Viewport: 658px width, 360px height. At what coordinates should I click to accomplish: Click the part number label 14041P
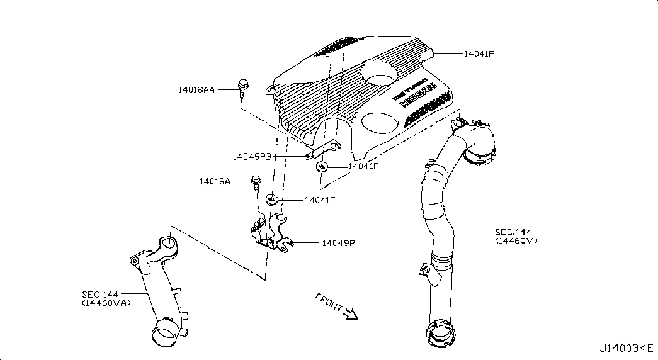click(x=479, y=54)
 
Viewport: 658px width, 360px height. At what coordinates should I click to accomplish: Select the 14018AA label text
click(x=196, y=90)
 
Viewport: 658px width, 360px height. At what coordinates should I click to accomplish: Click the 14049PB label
click(x=252, y=155)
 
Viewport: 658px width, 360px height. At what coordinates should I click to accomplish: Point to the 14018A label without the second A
click(x=215, y=181)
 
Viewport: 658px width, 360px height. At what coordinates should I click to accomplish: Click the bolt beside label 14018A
click(x=256, y=184)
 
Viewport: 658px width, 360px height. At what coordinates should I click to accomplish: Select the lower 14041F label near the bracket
click(x=319, y=200)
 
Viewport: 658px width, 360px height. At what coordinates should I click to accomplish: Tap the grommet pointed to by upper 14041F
click(x=322, y=167)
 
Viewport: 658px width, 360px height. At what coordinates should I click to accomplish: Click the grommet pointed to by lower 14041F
click(x=272, y=200)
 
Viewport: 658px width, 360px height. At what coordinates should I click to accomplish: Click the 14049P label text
click(x=339, y=243)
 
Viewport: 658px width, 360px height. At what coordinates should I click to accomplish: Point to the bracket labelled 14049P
click(x=271, y=233)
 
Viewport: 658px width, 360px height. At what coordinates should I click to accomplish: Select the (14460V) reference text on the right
click(x=516, y=240)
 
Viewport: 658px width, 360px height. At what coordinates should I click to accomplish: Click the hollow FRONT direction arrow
click(x=351, y=313)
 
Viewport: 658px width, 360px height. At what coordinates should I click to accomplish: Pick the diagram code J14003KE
click(x=626, y=348)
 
